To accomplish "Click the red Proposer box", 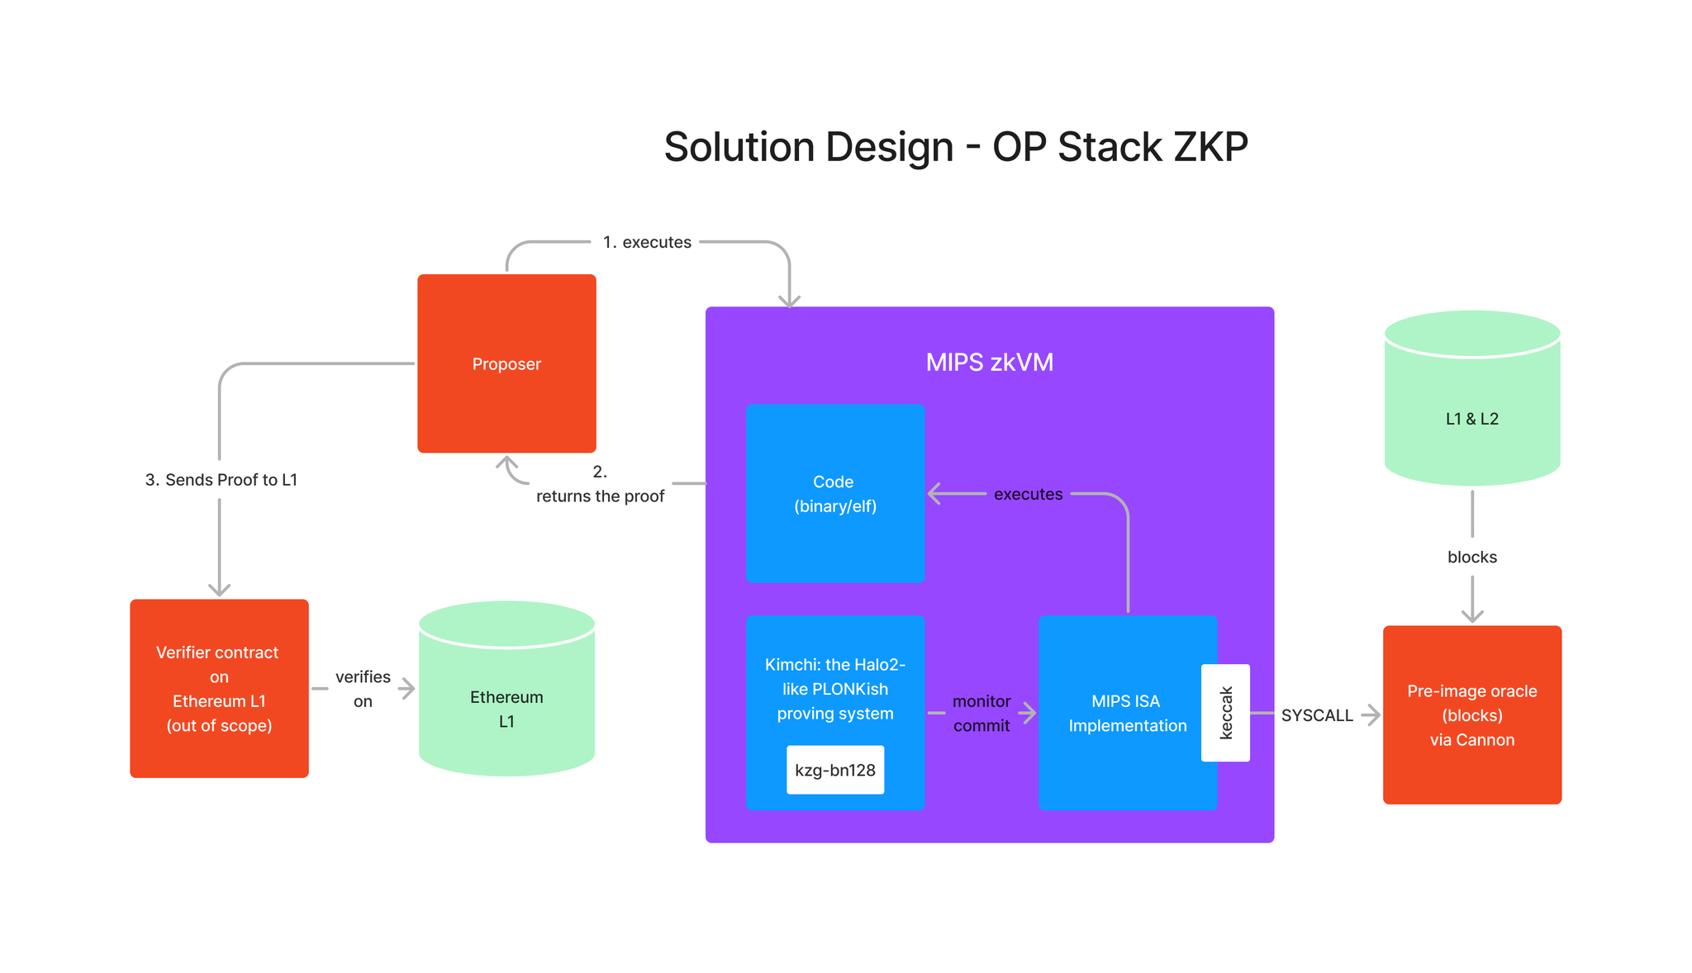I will (506, 363).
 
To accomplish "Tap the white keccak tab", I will (1225, 712).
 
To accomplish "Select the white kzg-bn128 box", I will (834, 770).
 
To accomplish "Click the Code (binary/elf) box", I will (834, 493).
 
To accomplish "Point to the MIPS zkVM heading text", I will (989, 362).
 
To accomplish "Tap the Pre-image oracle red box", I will (1471, 714).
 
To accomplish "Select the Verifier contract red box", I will (219, 688).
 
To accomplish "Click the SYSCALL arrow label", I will (1316, 715).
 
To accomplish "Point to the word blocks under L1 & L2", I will (1471, 557).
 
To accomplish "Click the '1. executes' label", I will (647, 242).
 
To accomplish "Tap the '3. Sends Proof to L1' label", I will (221, 480).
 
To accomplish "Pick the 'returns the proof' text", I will (600, 496).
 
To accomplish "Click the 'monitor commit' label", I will (981, 713).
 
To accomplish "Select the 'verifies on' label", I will (363, 688).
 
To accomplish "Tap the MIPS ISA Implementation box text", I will (1127, 713).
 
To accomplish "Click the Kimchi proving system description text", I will (834, 688).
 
